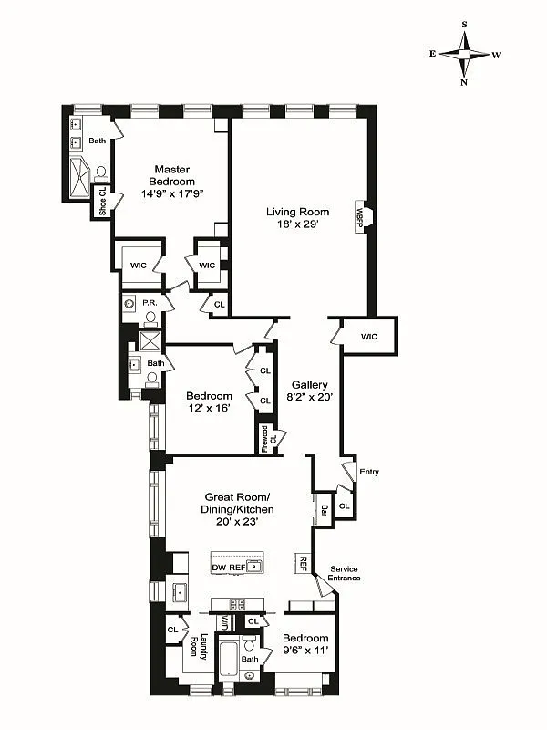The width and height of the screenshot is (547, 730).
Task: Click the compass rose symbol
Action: pyautogui.click(x=465, y=55)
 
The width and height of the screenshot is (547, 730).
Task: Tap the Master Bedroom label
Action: pyautogui.click(x=171, y=170)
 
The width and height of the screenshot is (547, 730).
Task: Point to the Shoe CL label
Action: pyautogui.click(x=102, y=202)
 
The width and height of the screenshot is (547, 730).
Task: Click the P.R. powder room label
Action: pyautogui.click(x=151, y=300)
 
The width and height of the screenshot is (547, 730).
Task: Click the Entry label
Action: pyautogui.click(x=369, y=472)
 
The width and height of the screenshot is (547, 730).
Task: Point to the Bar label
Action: pyautogui.click(x=325, y=510)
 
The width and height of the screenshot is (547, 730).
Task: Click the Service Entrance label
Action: pyautogui.click(x=345, y=573)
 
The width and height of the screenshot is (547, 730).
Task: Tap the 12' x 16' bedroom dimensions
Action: pyautogui.click(x=209, y=409)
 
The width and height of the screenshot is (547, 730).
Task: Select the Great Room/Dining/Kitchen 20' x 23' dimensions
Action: pyautogui.click(x=237, y=522)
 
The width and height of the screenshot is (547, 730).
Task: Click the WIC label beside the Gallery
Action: pyautogui.click(x=368, y=337)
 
